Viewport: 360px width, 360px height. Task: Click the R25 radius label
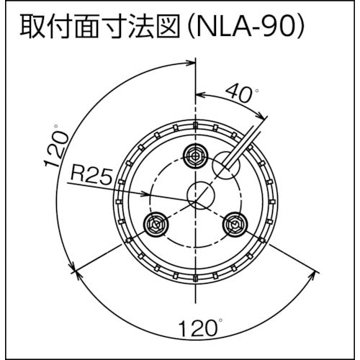[91, 176]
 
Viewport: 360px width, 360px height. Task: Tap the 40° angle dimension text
[242, 93]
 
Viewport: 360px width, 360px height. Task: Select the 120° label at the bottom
[201, 328]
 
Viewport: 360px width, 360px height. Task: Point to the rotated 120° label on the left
[56, 145]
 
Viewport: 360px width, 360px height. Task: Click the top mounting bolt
[196, 156]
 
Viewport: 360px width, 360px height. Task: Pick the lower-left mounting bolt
[156, 225]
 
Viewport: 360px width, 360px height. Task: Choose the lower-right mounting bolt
[235, 225]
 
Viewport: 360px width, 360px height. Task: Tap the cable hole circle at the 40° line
[226, 165]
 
